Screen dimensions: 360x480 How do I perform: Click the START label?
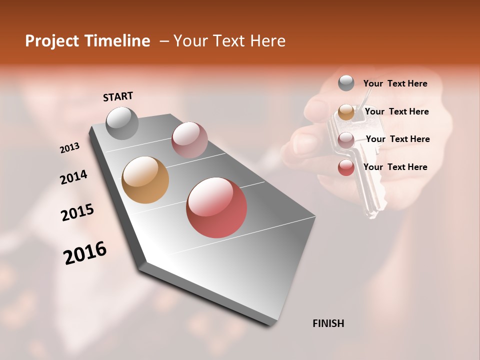(x=118, y=96)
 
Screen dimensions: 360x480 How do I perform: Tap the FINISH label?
(x=328, y=323)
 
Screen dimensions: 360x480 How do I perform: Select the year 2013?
(x=69, y=148)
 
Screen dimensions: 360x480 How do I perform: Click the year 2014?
(x=73, y=177)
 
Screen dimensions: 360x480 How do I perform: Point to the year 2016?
(x=85, y=253)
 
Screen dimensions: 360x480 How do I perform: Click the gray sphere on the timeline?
(x=122, y=123)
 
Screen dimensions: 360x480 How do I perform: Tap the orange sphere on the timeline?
(x=145, y=180)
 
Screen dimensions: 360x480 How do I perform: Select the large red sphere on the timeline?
(x=216, y=207)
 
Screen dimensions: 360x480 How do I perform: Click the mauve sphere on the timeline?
(x=189, y=140)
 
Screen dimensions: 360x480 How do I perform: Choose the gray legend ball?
(x=346, y=83)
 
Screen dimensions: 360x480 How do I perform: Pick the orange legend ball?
(x=346, y=112)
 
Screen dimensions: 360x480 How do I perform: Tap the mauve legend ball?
(x=346, y=140)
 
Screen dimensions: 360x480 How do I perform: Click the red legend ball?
(x=346, y=167)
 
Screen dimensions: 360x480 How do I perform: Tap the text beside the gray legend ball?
(x=395, y=83)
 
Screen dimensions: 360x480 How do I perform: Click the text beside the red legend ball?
(x=395, y=167)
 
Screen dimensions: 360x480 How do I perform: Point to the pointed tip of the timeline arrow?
(x=271, y=323)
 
